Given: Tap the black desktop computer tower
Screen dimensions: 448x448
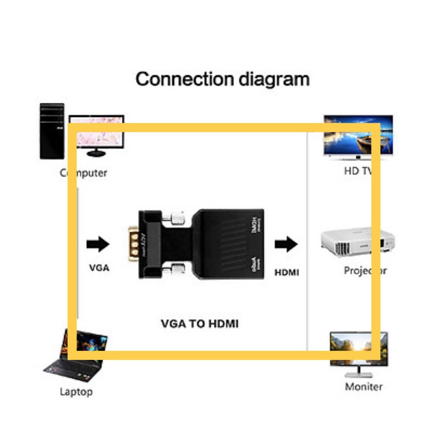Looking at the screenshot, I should [x=52, y=131].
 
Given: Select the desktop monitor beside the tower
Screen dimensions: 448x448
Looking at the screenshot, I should [x=96, y=134].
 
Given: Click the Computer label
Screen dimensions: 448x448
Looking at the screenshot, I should [x=84, y=173].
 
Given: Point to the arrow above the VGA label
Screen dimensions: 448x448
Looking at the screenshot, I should [x=98, y=244].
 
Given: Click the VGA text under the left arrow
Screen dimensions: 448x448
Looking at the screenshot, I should [x=99, y=268].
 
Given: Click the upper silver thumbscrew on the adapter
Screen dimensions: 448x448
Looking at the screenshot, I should [x=177, y=217].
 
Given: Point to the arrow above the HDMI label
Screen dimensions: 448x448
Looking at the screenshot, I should [x=286, y=244].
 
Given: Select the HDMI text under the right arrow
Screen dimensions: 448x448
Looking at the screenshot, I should [x=287, y=272].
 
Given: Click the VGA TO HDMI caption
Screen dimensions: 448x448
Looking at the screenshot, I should [x=200, y=324].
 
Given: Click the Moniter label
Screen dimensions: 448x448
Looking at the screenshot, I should [x=364, y=387].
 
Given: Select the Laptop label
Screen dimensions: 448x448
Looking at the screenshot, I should [x=76, y=392].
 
